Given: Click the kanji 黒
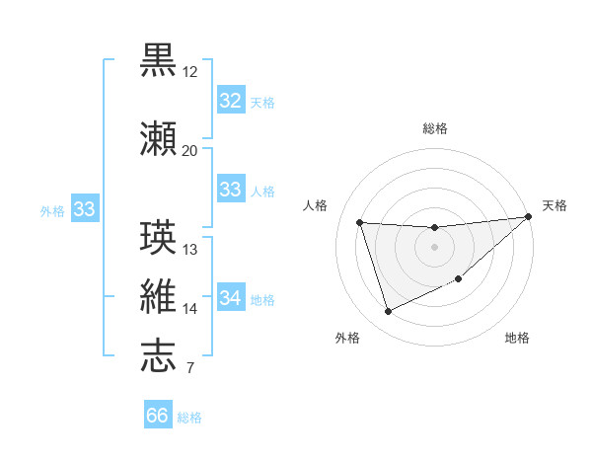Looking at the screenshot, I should click(158, 59).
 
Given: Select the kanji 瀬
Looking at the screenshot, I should click(158, 139).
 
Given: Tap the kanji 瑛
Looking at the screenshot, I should click(158, 238).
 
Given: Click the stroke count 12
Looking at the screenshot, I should click(190, 72).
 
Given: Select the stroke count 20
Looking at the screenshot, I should click(190, 151).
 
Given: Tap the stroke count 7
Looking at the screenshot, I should click(189, 369).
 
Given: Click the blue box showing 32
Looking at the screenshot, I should click(230, 101).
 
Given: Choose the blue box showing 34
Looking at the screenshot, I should click(230, 298).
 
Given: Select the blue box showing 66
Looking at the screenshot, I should click(158, 416).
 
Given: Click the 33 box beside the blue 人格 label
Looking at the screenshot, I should click(230, 190).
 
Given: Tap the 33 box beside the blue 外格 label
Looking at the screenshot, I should click(84, 209).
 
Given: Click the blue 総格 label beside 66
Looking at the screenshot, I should click(190, 418).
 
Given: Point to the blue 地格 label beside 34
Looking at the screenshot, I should click(262, 300).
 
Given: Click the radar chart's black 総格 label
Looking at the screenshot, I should click(434, 128).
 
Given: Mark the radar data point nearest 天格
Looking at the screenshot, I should click(529, 217).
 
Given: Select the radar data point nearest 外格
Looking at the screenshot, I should click(388, 312).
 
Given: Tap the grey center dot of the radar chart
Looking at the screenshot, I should click(434, 247).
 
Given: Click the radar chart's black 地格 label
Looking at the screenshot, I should click(517, 339).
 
